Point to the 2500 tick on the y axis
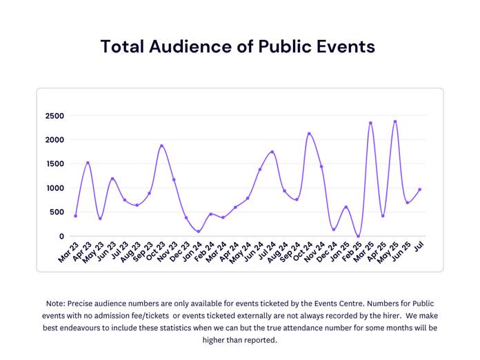tap(54, 116)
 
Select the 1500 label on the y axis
tap(54, 164)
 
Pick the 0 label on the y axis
tap(61, 237)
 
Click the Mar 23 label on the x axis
tap(68, 252)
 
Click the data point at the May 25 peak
tap(395, 122)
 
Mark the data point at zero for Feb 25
tap(358, 237)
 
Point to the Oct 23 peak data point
tap(161, 146)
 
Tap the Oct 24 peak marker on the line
tap(309, 134)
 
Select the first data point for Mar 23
tap(76, 216)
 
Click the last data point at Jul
tap(419, 190)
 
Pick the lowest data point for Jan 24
tap(199, 232)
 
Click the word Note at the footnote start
tap(57, 303)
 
